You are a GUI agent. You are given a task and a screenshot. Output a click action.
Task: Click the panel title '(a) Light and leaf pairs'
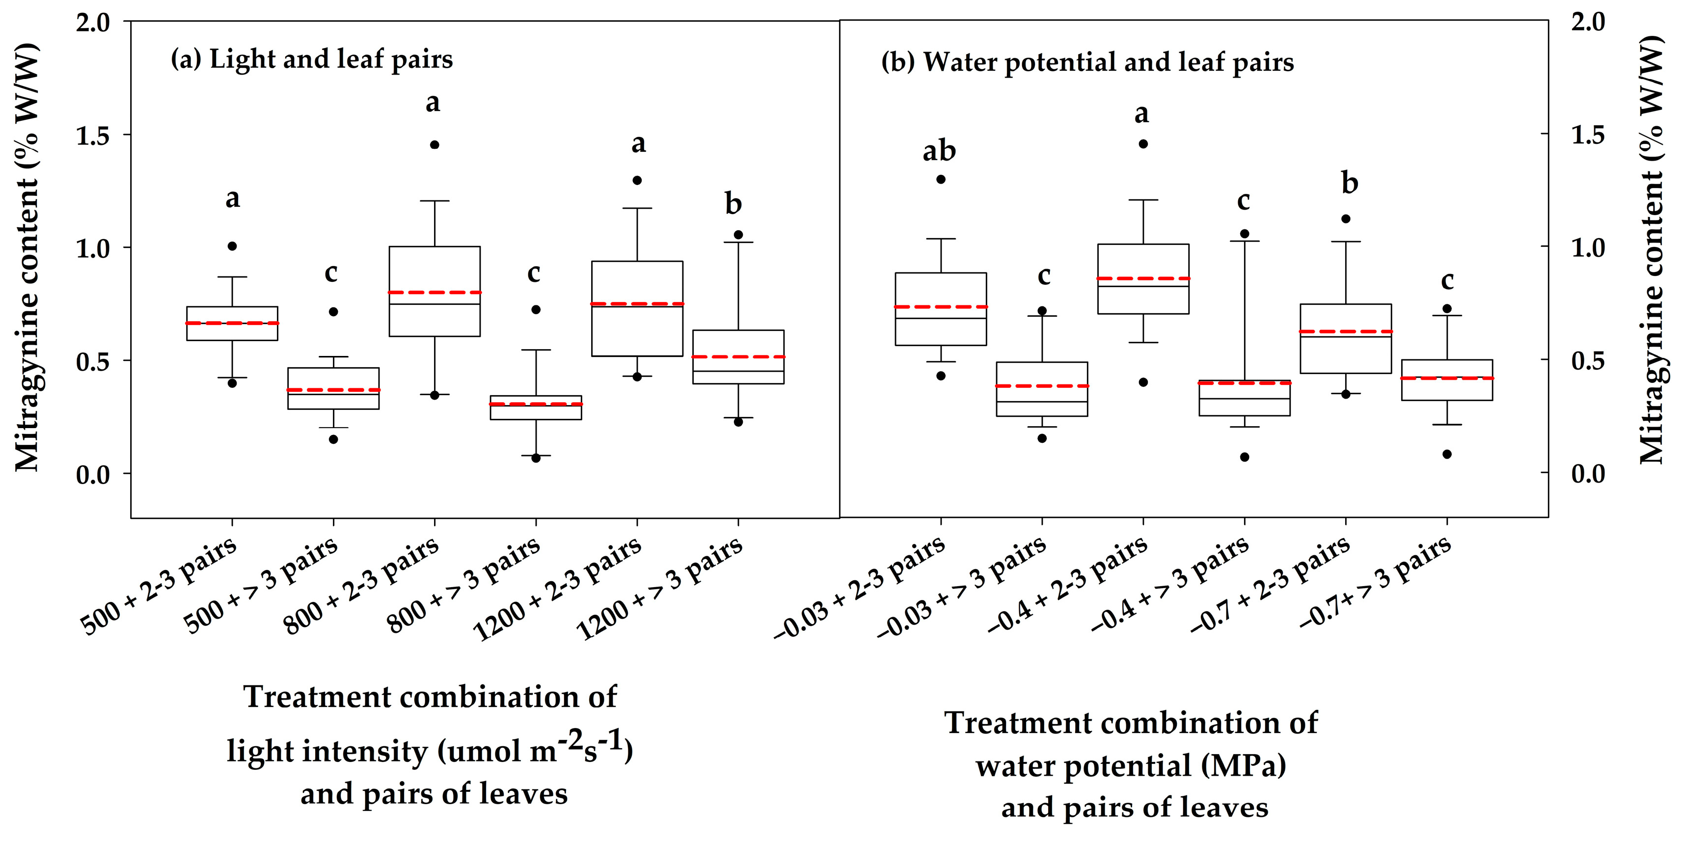(311, 59)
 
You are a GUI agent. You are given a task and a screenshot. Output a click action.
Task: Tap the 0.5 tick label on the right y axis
(1587, 360)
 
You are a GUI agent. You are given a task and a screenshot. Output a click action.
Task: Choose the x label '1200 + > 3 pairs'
(660, 588)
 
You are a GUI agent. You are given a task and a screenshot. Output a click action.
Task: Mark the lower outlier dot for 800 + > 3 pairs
(536, 458)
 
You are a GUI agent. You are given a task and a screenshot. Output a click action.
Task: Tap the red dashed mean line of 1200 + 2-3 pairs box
(637, 303)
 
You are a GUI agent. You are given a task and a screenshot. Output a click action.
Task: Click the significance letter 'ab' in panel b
(939, 152)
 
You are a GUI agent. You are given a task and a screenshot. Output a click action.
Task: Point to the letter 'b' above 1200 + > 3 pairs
(733, 204)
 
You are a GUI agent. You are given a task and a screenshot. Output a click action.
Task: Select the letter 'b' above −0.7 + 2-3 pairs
(1350, 184)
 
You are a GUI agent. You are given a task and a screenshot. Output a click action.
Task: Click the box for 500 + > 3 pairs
(334, 388)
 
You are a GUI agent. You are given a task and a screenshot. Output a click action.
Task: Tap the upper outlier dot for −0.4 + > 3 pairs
(1245, 233)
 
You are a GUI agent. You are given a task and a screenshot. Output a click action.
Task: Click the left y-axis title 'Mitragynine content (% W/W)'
(27, 258)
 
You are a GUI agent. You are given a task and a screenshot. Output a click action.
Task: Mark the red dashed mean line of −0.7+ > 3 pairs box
(1447, 378)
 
